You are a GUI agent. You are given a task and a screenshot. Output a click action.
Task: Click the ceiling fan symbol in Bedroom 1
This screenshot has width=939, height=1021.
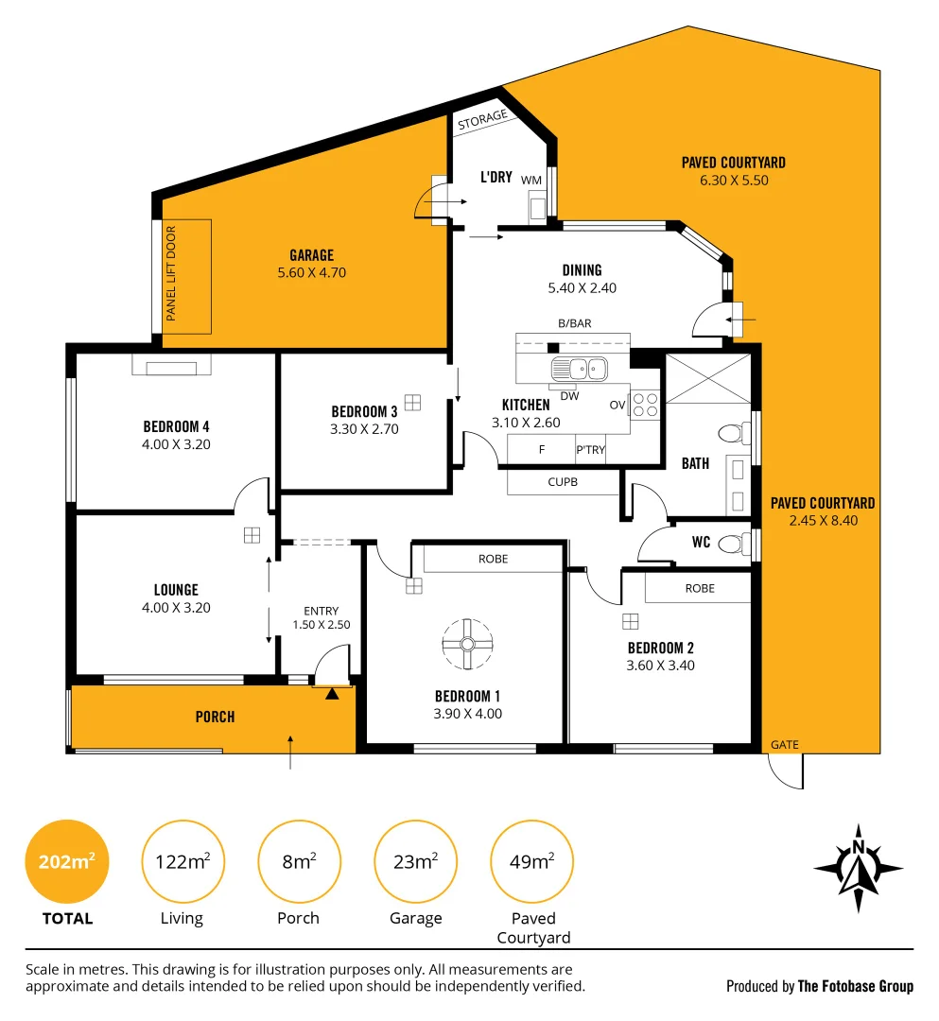click(467, 644)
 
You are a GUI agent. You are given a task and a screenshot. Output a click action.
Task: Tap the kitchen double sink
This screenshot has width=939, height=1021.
click(580, 370)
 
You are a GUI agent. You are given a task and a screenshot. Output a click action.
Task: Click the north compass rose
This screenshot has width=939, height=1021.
click(859, 869)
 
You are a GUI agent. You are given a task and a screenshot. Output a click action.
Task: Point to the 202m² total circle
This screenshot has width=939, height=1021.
click(67, 861)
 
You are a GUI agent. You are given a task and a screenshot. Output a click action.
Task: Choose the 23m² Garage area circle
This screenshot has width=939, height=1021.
click(415, 861)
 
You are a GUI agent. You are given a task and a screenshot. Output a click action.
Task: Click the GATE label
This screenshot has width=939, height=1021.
click(784, 744)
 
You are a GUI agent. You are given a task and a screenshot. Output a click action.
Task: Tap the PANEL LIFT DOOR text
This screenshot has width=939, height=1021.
click(170, 273)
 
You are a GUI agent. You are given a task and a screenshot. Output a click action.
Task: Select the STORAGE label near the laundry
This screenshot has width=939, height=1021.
click(482, 120)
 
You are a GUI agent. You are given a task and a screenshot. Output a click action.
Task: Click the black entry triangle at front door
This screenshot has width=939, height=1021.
click(332, 694)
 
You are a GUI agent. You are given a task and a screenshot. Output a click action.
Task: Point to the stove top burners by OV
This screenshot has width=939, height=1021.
click(645, 405)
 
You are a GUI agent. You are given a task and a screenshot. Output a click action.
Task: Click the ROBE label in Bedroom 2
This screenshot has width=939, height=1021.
click(700, 589)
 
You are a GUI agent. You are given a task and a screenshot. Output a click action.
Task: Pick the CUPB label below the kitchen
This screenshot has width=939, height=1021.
click(563, 482)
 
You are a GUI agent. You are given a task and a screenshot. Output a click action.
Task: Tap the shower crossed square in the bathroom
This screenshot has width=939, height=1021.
click(708, 379)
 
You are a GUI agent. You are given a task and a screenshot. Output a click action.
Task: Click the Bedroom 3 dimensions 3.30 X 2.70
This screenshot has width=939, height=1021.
click(364, 429)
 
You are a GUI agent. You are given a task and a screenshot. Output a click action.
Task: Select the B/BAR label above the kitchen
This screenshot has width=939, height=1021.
click(575, 323)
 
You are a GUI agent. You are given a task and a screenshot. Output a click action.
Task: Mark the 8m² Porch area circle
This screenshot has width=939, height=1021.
click(299, 861)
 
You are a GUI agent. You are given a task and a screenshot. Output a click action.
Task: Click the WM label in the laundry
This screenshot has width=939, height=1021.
click(531, 181)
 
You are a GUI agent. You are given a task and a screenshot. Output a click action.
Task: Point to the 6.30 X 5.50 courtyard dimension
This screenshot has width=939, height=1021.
click(734, 181)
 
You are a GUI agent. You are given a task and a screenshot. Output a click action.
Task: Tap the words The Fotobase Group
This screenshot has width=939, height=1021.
click(856, 986)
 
